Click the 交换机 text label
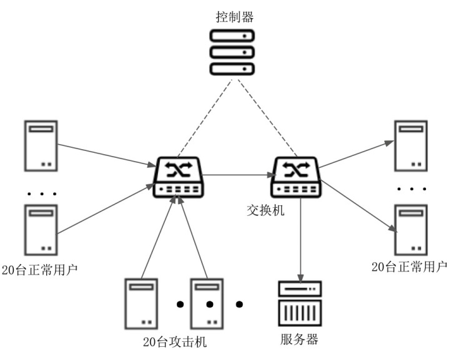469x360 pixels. tap(265, 210)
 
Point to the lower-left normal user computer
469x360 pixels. tap(41, 228)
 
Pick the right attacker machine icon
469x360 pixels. tap(207, 303)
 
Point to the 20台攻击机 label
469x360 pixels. tap(175, 342)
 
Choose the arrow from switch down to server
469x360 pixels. tap(302, 240)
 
